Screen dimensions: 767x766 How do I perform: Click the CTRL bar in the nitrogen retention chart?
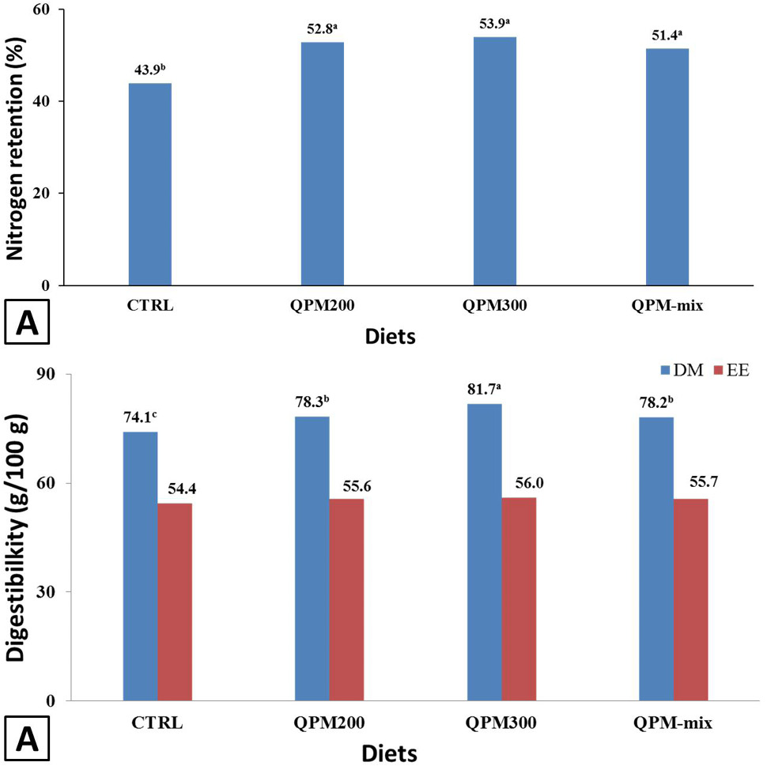(x=149, y=184)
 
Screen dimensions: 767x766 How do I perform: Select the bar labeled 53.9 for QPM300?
(x=494, y=161)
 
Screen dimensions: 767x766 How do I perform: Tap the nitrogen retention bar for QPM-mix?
(x=667, y=167)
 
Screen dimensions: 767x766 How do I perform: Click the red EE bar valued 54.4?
(x=175, y=602)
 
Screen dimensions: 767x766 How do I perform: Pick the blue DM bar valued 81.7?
(x=484, y=553)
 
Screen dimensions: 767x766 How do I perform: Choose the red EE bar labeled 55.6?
(x=346, y=600)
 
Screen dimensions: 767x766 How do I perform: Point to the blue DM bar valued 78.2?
(x=656, y=559)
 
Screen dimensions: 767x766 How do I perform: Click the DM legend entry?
(x=682, y=370)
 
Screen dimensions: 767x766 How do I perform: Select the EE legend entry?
(x=731, y=370)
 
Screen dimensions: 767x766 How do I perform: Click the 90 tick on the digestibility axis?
(x=46, y=374)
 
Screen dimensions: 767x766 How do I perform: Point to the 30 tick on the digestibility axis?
(x=46, y=592)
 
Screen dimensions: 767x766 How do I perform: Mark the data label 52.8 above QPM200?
(x=323, y=29)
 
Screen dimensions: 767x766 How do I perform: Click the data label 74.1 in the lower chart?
(x=140, y=417)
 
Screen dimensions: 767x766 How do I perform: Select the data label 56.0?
(x=529, y=483)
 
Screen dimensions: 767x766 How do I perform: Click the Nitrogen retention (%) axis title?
(x=16, y=148)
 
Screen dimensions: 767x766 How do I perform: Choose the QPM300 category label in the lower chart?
(x=501, y=723)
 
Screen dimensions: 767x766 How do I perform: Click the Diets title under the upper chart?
(x=391, y=337)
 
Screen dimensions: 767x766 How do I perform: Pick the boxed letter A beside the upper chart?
(x=27, y=323)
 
